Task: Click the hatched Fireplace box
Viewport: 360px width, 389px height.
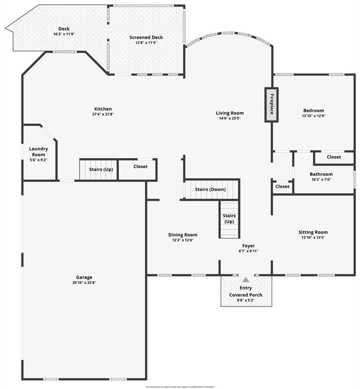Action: click(271, 105)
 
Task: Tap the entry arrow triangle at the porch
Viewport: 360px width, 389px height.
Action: click(246, 280)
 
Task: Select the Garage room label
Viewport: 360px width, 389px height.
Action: click(84, 277)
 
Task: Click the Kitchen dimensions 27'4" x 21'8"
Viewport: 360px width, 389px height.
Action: click(103, 114)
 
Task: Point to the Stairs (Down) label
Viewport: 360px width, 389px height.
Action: click(210, 189)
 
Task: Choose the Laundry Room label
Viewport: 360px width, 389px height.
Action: click(39, 151)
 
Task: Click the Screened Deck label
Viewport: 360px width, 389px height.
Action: click(146, 37)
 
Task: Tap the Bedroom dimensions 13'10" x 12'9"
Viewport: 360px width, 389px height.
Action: click(313, 116)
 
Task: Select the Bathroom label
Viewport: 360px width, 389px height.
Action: click(321, 174)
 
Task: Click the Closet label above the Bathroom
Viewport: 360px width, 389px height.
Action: click(334, 157)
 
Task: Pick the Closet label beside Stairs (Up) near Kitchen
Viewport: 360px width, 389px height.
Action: click(140, 166)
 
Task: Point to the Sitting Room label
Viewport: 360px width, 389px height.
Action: click(313, 232)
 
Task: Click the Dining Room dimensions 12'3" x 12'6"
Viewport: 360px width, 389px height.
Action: click(182, 240)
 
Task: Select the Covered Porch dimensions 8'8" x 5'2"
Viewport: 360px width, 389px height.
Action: click(246, 300)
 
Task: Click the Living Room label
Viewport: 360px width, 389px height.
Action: click(230, 113)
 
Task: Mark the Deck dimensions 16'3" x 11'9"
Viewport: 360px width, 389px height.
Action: click(64, 34)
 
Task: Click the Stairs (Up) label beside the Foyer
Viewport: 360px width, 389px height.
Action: click(229, 219)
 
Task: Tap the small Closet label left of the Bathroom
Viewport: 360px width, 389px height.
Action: click(282, 186)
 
